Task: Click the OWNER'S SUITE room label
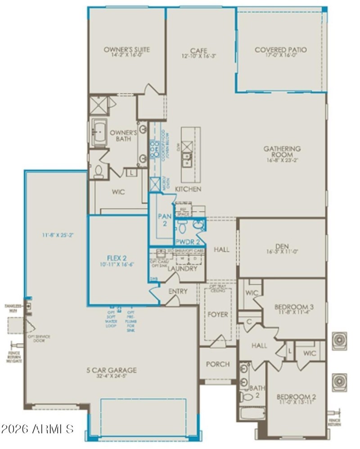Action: tap(126, 50)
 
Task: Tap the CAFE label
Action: tap(198, 50)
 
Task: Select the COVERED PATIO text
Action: tap(281, 50)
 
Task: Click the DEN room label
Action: tap(282, 246)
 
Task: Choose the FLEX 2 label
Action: tap(116, 258)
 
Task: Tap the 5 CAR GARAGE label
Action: tap(112, 370)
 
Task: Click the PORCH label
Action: tap(217, 364)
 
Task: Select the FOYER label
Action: tap(218, 314)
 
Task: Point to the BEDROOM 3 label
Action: tap(294, 307)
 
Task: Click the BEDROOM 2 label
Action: tap(296, 397)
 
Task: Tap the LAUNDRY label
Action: tap(182, 268)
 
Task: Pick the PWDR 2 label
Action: tap(187, 241)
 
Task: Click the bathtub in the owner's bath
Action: tap(99, 132)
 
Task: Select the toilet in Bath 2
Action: tap(246, 397)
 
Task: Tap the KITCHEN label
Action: tap(188, 189)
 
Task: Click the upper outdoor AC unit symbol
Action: tap(339, 341)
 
